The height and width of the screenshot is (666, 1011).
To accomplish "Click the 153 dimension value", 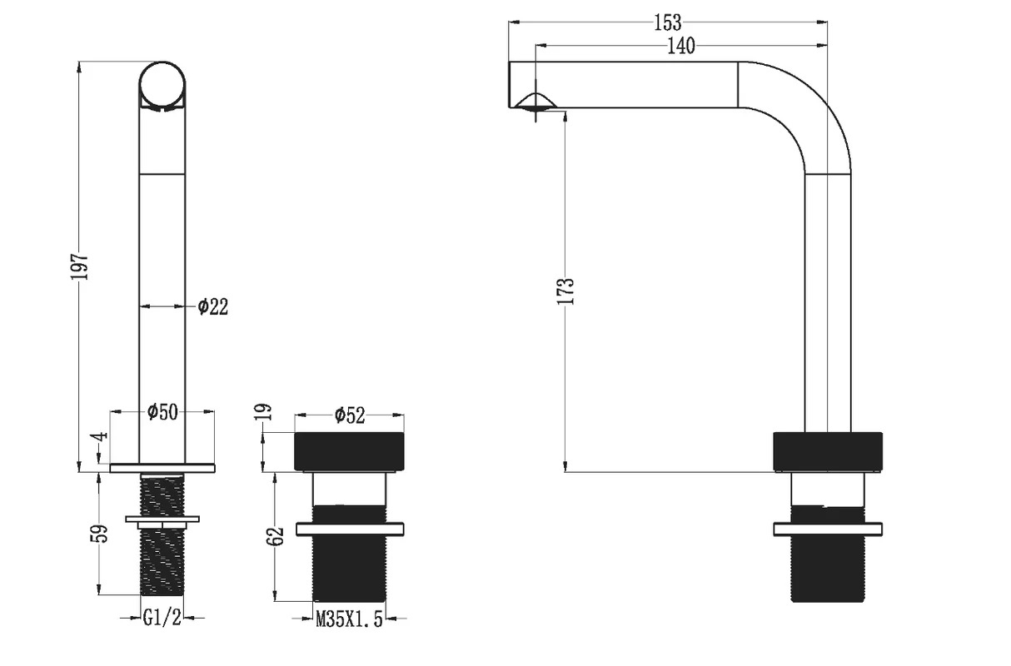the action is (668, 22).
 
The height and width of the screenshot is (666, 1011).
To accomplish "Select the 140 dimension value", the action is (681, 46).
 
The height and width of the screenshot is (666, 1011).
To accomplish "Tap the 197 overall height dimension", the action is (79, 266).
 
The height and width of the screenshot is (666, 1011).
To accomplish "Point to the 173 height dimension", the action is (565, 291).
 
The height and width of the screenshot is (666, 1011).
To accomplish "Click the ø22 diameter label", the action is (213, 307).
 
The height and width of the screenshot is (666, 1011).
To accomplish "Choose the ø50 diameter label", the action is (163, 411).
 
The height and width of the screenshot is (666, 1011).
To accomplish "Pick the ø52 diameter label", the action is (350, 415).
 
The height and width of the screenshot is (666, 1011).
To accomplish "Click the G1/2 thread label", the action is (162, 618).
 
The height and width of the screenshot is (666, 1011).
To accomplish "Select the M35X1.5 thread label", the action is (349, 619).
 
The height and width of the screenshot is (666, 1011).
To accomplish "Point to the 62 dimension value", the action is (275, 536).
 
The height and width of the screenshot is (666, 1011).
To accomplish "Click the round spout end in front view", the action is (162, 85).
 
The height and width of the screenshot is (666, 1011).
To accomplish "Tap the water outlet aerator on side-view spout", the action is (535, 102).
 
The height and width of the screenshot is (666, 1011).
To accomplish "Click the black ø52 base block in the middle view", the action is (349, 452).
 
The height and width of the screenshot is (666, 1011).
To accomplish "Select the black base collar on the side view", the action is (828, 452).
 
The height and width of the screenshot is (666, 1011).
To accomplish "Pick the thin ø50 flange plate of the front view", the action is (162, 468).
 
